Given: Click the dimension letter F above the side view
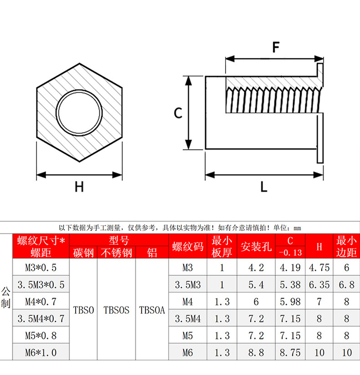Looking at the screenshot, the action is [x=276, y=47].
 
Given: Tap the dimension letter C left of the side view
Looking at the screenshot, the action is [x=178, y=113].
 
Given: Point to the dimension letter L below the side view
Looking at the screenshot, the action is [x=264, y=187].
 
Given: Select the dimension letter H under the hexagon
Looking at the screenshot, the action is [x=79, y=187].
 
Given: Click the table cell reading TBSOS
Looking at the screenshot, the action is [x=116, y=310].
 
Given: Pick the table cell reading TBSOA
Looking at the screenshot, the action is [x=152, y=310].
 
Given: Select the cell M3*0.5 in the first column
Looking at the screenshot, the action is [x=41, y=268].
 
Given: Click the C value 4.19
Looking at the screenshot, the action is [x=290, y=268].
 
